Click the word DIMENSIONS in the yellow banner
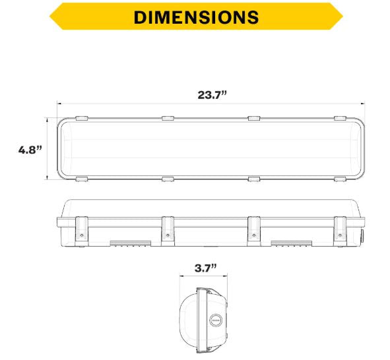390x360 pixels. [195, 17]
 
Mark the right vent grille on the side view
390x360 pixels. [291, 243]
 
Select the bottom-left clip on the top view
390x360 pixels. [81, 179]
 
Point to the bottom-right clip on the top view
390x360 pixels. [340, 179]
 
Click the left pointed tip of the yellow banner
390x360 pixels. [49, 16]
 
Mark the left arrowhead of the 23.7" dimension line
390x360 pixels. [59, 104]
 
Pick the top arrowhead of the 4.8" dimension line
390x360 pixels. [47, 119]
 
